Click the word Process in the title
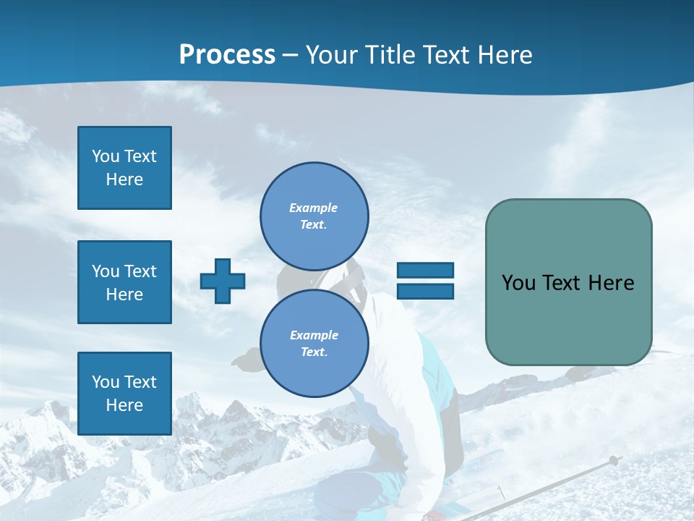[x=227, y=55]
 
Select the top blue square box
[x=124, y=168]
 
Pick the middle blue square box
[x=124, y=282]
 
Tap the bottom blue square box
[x=124, y=394]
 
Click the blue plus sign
[x=223, y=281]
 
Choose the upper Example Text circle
[x=314, y=216]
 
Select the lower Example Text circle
[x=314, y=343]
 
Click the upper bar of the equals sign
[x=425, y=271]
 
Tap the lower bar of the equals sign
[x=425, y=291]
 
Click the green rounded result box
[x=568, y=282]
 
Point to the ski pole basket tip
[x=613, y=460]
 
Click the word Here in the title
[x=505, y=55]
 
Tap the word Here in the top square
[x=124, y=179]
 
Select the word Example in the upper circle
[x=314, y=208]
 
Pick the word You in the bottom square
[x=106, y=382]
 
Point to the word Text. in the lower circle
[x=314, y=352]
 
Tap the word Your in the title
[x=333, y=55]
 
